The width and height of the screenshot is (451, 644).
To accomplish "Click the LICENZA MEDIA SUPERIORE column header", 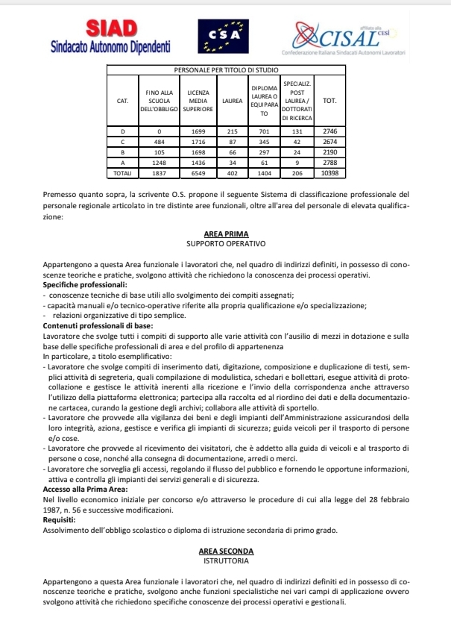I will (x=196, y=99).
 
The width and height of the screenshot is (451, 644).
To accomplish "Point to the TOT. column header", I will (x=329, y=99).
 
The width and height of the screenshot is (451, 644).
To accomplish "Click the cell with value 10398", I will (x=329, y=172).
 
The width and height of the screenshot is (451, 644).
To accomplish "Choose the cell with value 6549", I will (x=196, y=172).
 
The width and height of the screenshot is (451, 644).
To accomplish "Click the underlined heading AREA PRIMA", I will (x=225, y=234).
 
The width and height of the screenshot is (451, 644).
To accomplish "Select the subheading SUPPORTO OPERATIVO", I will (x=225, y=243).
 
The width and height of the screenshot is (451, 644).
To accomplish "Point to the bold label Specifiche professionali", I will (x=85, y=285).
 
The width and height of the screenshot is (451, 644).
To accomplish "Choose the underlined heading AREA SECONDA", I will (x=225, y=551).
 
